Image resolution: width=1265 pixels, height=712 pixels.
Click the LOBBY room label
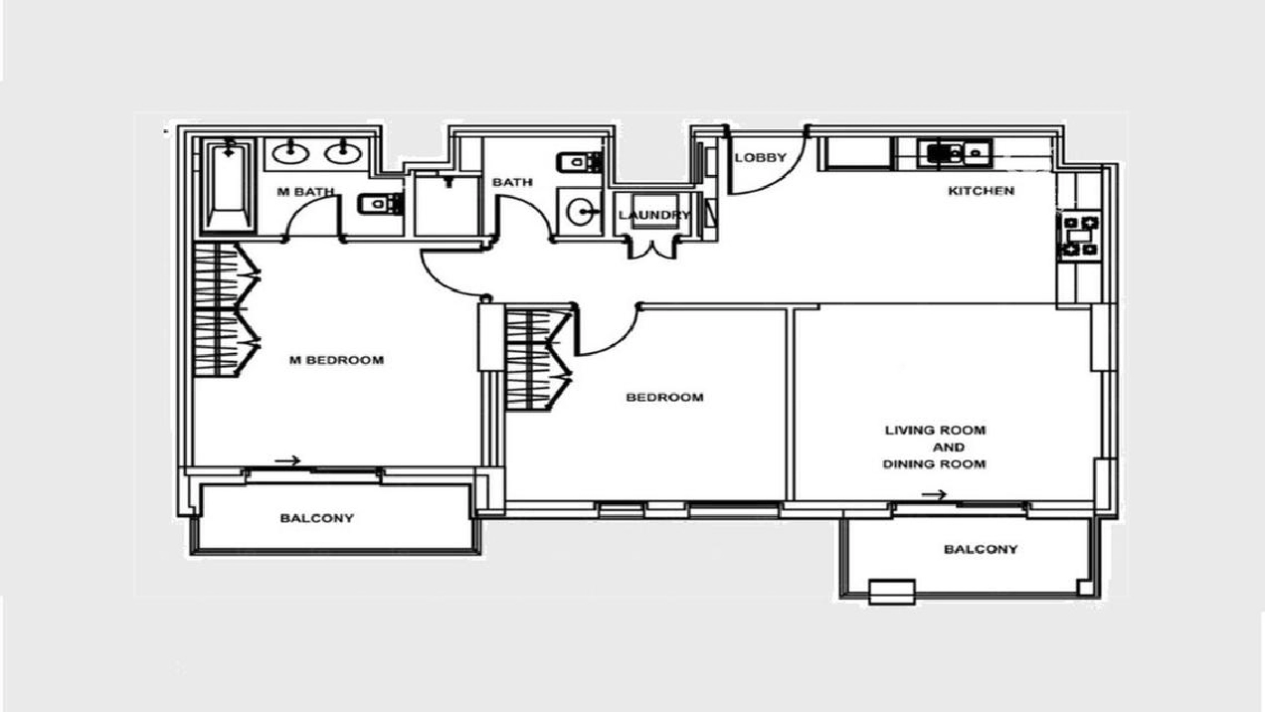[761, 157]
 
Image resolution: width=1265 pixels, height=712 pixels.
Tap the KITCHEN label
[981, 191]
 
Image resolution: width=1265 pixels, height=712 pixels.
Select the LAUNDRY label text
[654, 215]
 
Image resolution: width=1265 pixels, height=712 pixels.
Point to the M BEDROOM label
[336, 360]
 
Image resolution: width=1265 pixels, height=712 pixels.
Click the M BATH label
[305, 192]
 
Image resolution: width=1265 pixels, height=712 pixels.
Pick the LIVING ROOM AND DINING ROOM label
[935, 447]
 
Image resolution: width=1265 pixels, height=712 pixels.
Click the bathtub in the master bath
[228, 185]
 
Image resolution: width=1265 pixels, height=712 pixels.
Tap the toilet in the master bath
[380, 203]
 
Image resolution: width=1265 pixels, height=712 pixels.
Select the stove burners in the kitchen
[1080, 236]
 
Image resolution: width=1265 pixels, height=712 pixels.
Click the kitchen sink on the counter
[955, 152]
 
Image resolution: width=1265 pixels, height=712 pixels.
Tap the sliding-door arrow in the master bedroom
[287, 460]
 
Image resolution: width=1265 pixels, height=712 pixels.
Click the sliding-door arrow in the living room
[934, 495]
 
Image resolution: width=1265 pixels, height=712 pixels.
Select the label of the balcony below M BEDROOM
[317, 518]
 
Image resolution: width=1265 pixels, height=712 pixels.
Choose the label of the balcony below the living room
[981, 549]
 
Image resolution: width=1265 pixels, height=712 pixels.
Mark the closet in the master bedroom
[226, 309]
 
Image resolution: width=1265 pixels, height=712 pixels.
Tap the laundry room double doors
[652, 249]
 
